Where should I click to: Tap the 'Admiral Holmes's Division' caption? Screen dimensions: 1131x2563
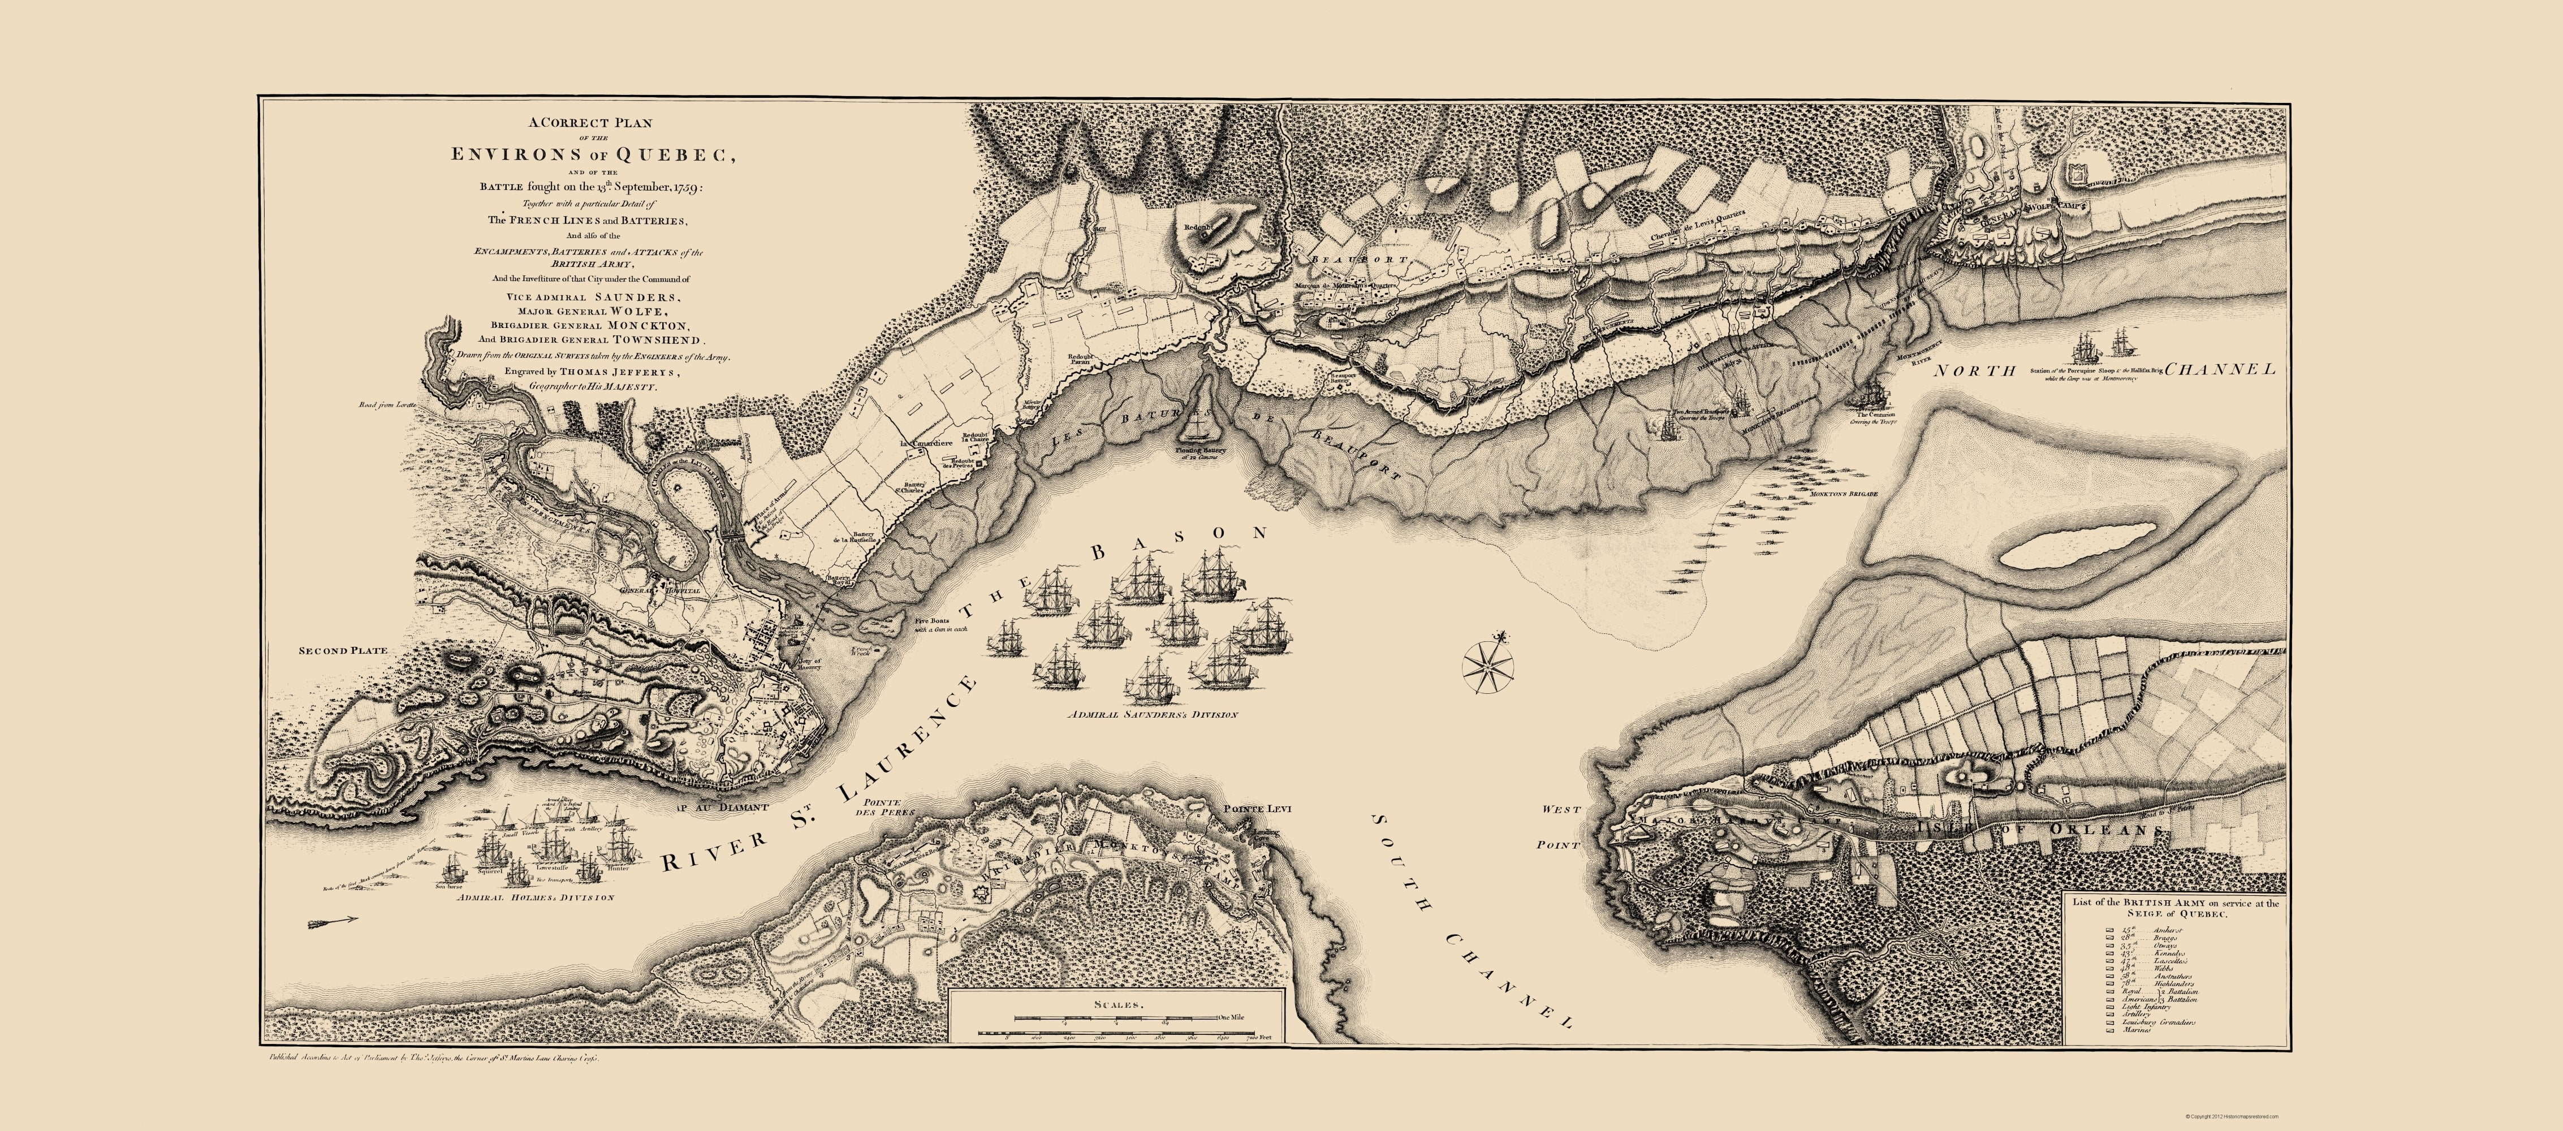(x=536, y=897)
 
